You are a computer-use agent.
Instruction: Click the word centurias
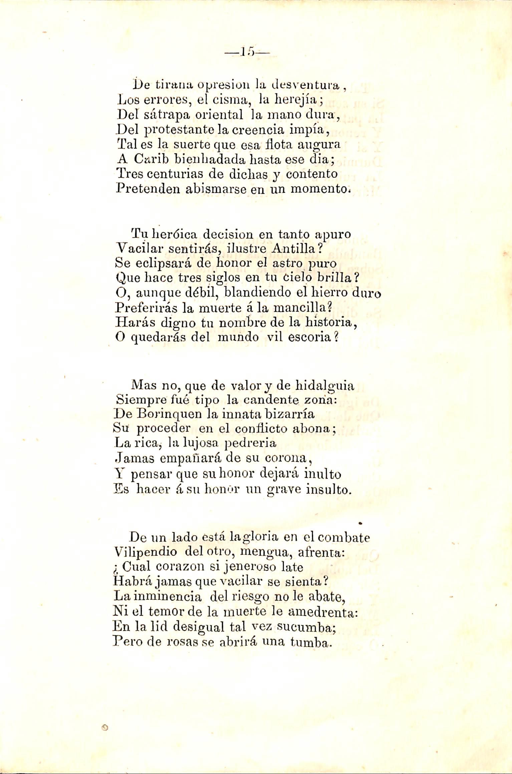coord(175,174)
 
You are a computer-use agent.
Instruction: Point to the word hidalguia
coord(325,386)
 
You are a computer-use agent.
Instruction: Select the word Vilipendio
coord(145,552)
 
